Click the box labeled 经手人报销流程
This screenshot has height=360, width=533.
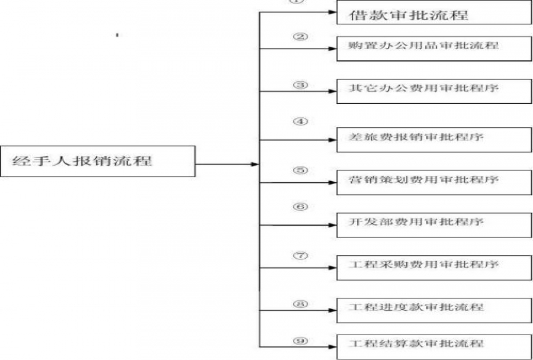98,160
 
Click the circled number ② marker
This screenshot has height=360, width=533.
300,37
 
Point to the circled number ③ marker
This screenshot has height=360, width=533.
300,85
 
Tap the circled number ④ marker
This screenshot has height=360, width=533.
300,121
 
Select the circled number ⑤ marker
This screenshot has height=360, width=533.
300,171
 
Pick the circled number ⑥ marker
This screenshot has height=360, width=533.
300,208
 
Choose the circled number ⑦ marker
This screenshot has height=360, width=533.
300,256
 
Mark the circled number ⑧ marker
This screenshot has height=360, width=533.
300,304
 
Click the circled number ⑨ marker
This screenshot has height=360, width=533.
300,340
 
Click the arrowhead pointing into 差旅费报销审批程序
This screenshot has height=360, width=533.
333,140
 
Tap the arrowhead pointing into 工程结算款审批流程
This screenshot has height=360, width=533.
333,346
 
